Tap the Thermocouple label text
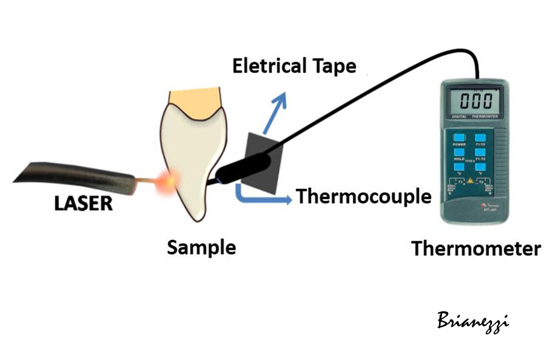(x=364, y=196)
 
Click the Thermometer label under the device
(x=476, y=249)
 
